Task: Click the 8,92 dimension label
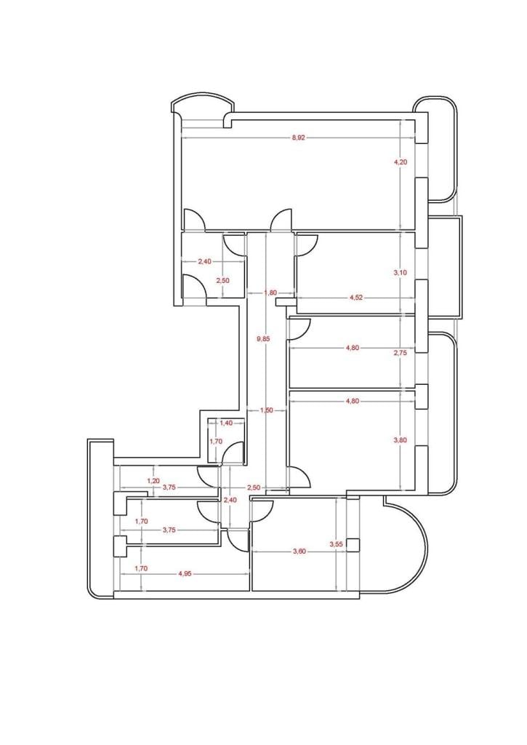coord(298,138)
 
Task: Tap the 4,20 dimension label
coord(401,162)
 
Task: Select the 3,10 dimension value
coord(401,273)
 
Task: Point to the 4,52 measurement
coord(355,298)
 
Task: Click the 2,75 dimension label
coord(401,353)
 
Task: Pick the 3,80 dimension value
coord(401,440)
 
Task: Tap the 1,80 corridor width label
coord(270,293)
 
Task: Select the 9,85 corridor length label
coord(263,339)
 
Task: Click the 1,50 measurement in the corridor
coord(267,410)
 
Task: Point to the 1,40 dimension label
coord(227,423)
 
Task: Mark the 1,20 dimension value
coord(153,481)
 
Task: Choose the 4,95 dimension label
coord(185,574)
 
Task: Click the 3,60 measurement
coord(299,551)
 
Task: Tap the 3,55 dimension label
coord(336,545)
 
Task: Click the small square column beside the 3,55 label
coord(353,545)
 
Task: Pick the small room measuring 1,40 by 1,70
coord(227,439)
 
